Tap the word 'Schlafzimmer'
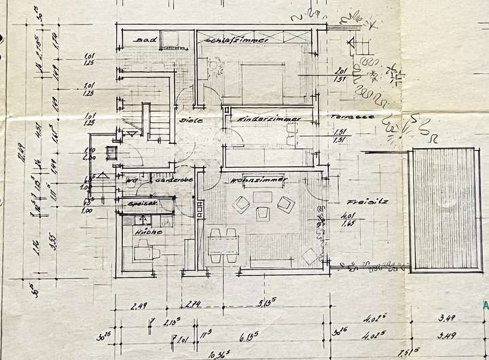[234, 40]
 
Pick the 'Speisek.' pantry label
[141, 202]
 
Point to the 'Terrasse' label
[345, 117]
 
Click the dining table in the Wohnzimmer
[222, 245]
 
